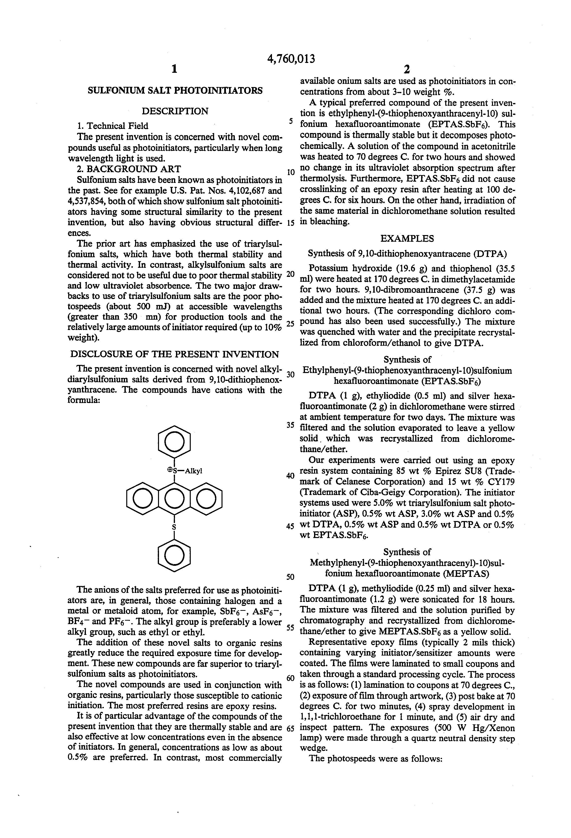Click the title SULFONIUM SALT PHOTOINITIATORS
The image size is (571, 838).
[175, 90]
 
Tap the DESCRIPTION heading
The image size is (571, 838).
[175, 111]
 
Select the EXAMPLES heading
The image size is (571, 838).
[407, 238]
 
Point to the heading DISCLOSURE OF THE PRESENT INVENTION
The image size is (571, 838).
[175, 354]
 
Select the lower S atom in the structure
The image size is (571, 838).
[174, 527]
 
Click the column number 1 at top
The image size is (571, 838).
[174, 69]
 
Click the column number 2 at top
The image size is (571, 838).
[407, 69]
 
